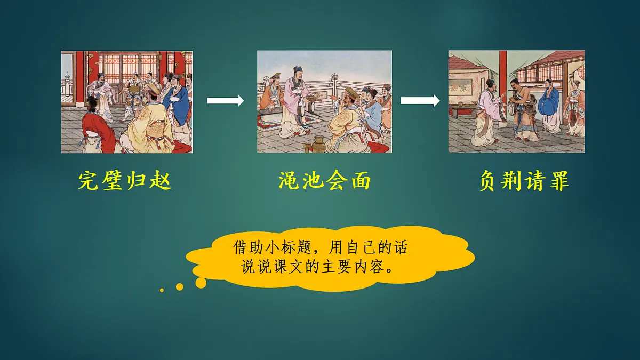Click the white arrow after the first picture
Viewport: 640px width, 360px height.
pyautogui.click(x=225, y=100)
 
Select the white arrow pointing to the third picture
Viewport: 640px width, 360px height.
pyautogui.click(x=420, y=100)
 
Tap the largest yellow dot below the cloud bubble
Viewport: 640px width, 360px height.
pyautogui.click(x=201, y=283)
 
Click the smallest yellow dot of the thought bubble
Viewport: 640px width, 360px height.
pyautogui.click(x=162, y=290)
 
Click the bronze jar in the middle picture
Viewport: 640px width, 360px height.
pyautogui.click(x=318, y=143)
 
